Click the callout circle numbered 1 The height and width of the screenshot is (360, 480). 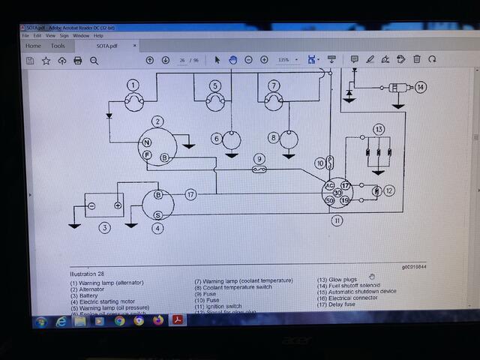[133, 85]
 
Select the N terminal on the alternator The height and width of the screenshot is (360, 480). [148, 142]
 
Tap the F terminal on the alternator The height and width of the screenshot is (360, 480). [148, 154]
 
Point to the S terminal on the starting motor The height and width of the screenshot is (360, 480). [157, 214]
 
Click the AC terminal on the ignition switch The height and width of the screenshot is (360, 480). [328, 185]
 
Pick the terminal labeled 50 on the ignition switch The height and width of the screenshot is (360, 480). [329, 199]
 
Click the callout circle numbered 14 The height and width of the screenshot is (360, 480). [421, 88]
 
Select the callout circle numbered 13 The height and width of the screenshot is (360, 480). [379, 129]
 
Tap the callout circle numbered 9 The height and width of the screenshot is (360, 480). [259, 158]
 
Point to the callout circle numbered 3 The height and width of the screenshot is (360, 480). [105, 228]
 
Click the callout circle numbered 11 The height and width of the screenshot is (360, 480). [337, 220]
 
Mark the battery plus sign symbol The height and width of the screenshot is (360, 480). [118, 205]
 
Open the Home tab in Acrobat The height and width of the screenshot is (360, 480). [34, 46]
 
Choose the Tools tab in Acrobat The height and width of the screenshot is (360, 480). [58, 46]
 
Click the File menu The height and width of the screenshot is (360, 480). [25, 35]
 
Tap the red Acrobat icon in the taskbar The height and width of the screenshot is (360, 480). [178, 321]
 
